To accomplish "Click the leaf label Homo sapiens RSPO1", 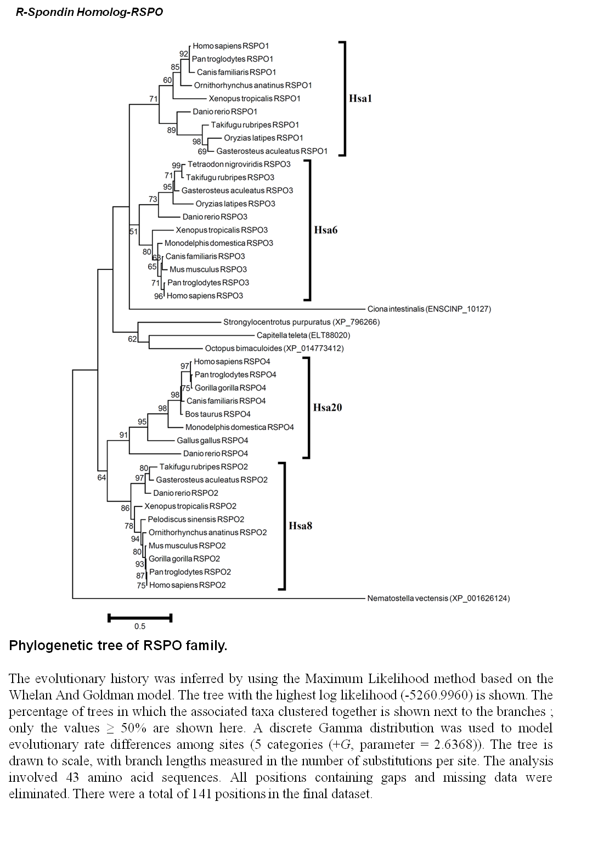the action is [230, 46].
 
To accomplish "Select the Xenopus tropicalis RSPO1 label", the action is [255, 98].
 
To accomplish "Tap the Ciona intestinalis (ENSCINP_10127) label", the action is [429, 309].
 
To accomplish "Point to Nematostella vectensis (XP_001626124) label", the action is [438, 598].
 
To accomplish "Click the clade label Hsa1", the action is [360, 98].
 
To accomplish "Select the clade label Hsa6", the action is [325, 230].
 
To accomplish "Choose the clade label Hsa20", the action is [328, 408].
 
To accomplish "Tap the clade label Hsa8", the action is [300, 526].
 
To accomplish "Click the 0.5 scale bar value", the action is [140, 626].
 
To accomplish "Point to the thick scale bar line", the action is [140, 618].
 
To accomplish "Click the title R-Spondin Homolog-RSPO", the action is [89, 12].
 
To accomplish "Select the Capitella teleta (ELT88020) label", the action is [303, 335].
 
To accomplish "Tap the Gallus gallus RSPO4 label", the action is [212, 441].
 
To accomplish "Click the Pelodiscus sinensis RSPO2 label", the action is [196, 519].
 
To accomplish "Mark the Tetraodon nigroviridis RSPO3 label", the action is [239, 164].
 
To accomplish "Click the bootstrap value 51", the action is [134, 232].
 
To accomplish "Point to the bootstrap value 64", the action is [101, 478].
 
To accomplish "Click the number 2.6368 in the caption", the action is [455, 744].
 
